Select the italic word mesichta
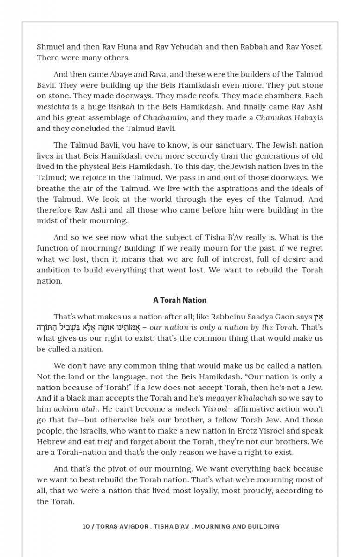(x=52, y=107)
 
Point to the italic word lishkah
(x=121, y=107)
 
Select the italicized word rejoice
(x=94, y=177)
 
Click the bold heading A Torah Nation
(x=180, y=300)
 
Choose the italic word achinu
(x=66, y=409)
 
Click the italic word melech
(x=187, y=409)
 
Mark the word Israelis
(x=72, y=431)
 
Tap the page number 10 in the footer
(x=86, y=526)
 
